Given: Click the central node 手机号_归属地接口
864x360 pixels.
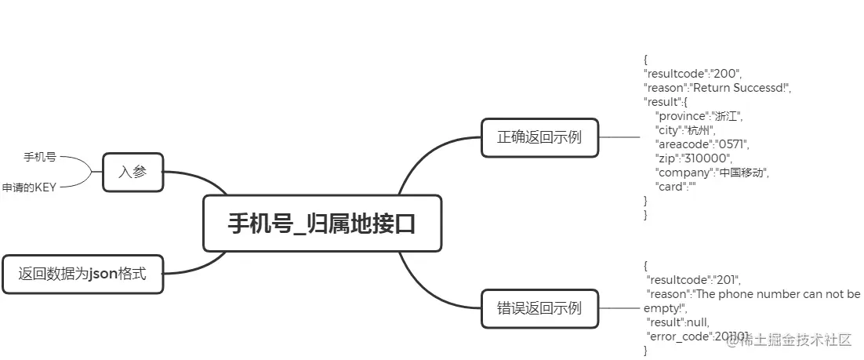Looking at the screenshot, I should (321, 224).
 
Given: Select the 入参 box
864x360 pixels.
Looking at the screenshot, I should (133, 172).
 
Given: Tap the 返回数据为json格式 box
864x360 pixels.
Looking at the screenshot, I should (83, 275).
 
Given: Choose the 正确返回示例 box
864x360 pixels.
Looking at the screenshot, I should (539, 137).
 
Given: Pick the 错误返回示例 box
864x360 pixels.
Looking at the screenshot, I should (539, 307).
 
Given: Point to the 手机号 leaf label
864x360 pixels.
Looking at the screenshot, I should (40, 157).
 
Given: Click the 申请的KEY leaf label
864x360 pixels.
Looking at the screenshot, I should (29, 187).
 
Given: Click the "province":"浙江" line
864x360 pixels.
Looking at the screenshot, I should (698, 116).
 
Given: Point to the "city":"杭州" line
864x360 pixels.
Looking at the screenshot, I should (684, 130).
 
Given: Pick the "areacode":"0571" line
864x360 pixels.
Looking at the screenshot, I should (702, 144).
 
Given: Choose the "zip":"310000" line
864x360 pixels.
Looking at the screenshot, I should (692, 158).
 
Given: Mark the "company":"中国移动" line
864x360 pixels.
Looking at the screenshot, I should (712, 173).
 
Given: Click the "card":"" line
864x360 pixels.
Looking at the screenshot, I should (675, 187).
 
